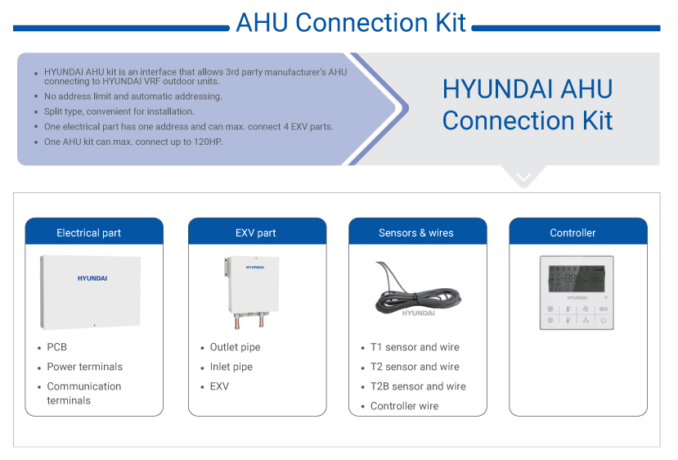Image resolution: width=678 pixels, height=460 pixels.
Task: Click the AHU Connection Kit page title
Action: [x=350, y=22]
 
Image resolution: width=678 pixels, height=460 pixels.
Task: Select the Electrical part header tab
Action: [x=88, y=233]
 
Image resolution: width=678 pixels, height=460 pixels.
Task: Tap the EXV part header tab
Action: [x=255, y=233]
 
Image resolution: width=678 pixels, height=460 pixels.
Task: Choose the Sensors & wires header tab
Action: [x=415, y=233]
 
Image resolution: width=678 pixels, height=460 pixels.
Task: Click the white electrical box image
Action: [x=91, y=291]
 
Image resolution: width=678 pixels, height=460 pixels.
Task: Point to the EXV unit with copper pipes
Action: [x=253, y=291]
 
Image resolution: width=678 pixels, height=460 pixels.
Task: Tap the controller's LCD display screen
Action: [x=576, y=278]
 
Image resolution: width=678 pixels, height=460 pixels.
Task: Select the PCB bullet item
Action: [x=56, y=347]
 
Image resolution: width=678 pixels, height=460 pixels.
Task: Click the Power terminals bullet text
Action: [x=84, y=367]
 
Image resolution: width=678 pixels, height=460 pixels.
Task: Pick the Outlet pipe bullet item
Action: [x=235, y=347]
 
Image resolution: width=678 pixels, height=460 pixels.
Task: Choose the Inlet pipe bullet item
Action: [x=231, y=367]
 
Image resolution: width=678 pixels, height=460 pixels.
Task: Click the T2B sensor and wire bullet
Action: [x=418, y=386]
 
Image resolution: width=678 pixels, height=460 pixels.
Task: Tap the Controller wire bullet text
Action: [x=404, y=406]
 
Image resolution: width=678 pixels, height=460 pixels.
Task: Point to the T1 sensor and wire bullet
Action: [x=415, y=347]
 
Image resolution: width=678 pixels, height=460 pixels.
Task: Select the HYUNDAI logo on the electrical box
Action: [x=92, y=278]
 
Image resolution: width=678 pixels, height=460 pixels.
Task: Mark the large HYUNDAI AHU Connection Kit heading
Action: [x=528, y=105]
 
